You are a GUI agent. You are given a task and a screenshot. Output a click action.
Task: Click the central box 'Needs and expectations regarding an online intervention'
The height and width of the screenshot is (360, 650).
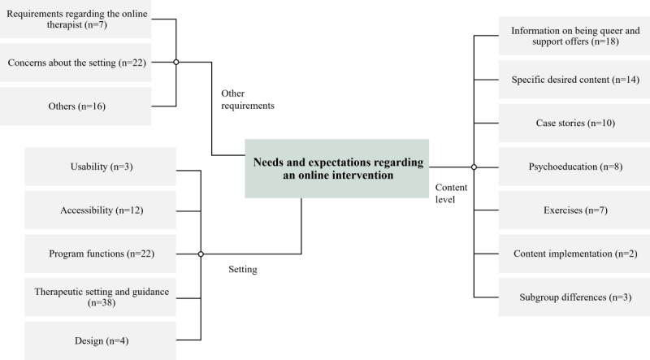point(336,168)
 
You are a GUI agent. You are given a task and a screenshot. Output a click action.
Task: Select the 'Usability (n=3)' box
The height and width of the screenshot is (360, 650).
point(100,167)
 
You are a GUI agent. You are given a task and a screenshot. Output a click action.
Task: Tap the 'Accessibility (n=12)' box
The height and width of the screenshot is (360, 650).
point(100,210)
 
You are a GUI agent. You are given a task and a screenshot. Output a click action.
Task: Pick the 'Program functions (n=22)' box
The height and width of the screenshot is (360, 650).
point(100,254)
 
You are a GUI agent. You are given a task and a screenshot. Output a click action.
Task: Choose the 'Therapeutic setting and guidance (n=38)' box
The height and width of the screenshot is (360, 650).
point(100,297)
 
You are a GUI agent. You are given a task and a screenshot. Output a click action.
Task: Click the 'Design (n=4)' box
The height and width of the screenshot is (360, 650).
point(100,340)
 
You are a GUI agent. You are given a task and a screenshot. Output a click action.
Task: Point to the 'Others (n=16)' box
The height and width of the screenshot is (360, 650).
point(75,106)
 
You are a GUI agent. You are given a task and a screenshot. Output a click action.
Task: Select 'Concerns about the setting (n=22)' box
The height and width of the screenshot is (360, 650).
point(75,63)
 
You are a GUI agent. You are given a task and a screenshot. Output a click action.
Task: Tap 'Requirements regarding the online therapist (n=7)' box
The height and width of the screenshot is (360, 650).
point(75,18)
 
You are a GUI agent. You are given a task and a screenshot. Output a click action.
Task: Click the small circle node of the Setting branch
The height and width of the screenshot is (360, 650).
point(201,254)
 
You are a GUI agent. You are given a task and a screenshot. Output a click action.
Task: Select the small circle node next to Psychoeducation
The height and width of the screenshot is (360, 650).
point(474,167)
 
